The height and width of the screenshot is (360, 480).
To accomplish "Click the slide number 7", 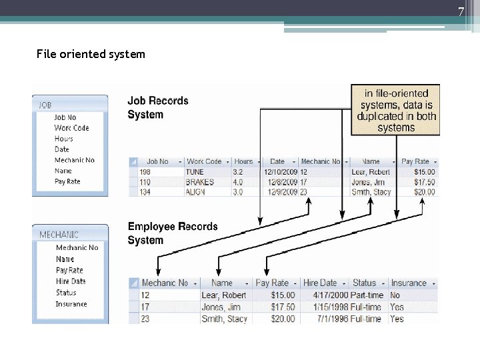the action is pos(460,11).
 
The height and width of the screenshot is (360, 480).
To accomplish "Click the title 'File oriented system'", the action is pos(91,54).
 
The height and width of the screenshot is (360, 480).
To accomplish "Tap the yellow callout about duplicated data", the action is pos(396,110).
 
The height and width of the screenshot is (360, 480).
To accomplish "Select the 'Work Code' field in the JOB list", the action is pos(71,128).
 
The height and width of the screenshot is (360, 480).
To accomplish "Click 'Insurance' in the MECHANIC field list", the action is pos(71,304).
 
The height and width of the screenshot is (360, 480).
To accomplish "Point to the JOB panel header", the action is pos(69,105).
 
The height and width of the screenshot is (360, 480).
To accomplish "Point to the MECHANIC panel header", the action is pos(69,235).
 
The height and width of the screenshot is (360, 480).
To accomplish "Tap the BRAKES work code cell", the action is pos(200,182).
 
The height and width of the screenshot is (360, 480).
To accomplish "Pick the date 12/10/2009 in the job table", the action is pos(276,172).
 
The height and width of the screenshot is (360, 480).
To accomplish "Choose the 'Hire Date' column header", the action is pos(320,283).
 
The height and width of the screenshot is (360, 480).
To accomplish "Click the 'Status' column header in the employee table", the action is pos(365,283).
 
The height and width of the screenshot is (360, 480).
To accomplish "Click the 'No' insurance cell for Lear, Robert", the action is pos(395,295).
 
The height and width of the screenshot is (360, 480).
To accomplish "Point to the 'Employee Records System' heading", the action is pos(173,233).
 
